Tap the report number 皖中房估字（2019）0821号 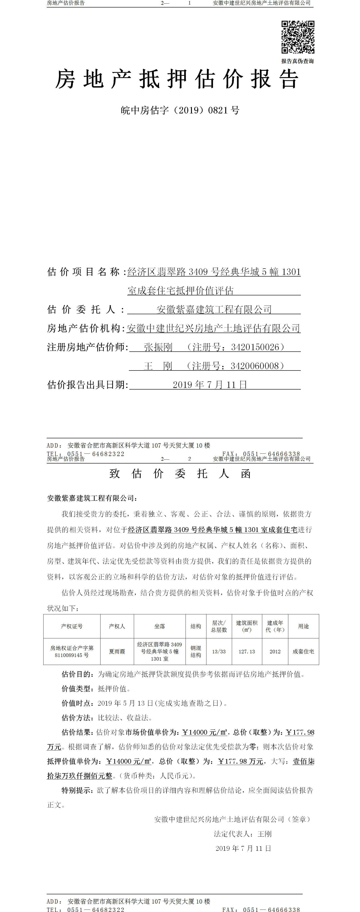pyautogui.click(x=180, y=110)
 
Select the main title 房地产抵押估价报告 pyautogui.click(x=177, y=79)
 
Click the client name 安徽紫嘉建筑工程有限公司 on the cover pyautogui.click(x=214, y=309)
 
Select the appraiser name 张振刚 pyautogui.click(x=158, y=347)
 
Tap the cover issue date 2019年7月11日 pyautogui.click(x=210, y=385)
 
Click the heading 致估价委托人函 pyautogui.click(x=180, y=474)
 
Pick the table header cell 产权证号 pyautogui.click(x=72, y=626)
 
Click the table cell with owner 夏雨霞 pyautogui.click(x=117, y=651)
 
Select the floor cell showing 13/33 pyautogui.click(x=219, y=651)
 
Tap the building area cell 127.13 pyautogui.click(x=247, y=651)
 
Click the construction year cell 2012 pyautogui.click(x=275, y=651)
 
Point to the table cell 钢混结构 pyautogui.click(x=196, y=651)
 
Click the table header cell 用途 pyautogui.click(x=303, y=626)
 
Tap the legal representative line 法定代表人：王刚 pyautogui.click(x=242, y=834)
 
